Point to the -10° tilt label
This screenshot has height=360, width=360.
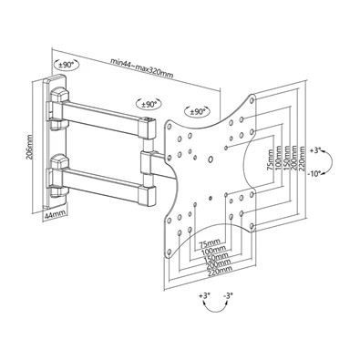point(316,173)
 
